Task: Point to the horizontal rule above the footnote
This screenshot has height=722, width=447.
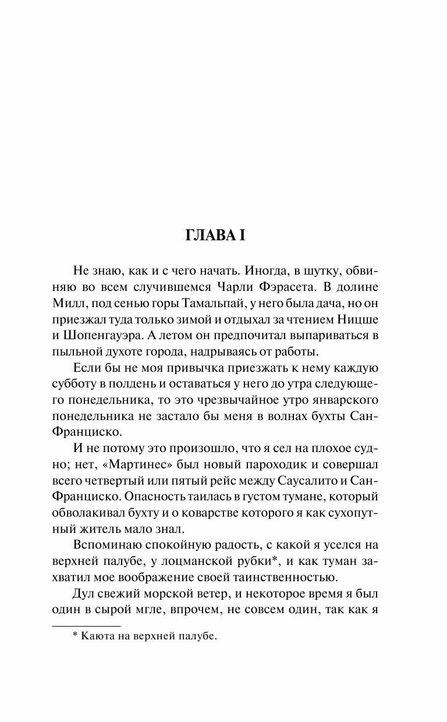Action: pos(78,625)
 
